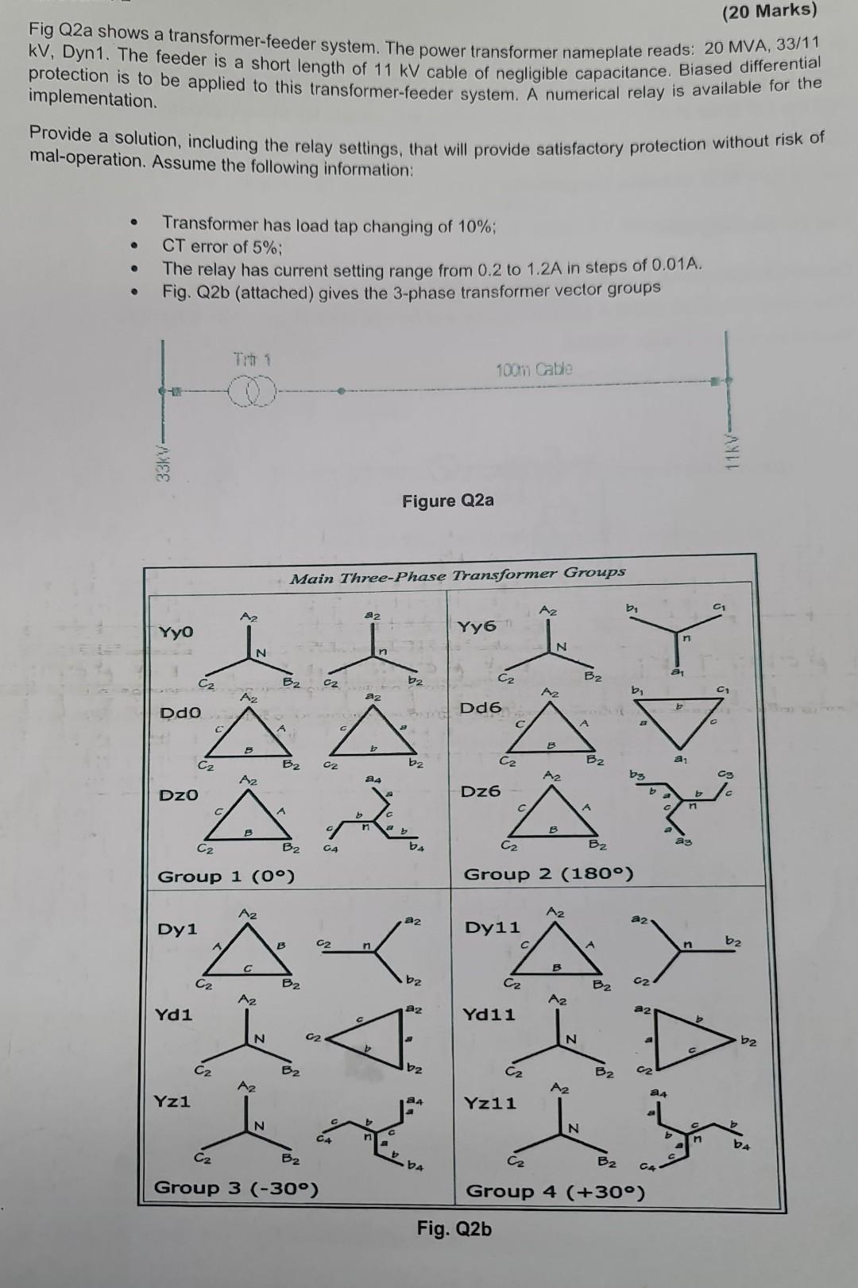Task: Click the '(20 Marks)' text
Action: click(767, 10)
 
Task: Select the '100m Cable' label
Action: click(534, 369)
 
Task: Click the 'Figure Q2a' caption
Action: click(447, 501)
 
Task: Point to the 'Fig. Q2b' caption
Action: click(454, 1228)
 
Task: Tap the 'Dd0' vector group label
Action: click(180, 714)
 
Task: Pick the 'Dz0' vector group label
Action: click(180, 795)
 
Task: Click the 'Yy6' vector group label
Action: click(477, 627)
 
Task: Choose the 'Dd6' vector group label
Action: click(481, 707)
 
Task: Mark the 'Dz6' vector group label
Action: click(481, 791)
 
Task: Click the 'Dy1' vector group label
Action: click(178, 929)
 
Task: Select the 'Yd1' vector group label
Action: click(175, 1015)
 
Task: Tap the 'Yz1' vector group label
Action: click(172, 1101)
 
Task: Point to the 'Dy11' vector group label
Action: click(493, 927)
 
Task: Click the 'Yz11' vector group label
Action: click(489, 1103)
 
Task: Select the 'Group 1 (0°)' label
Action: click(226, 876)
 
